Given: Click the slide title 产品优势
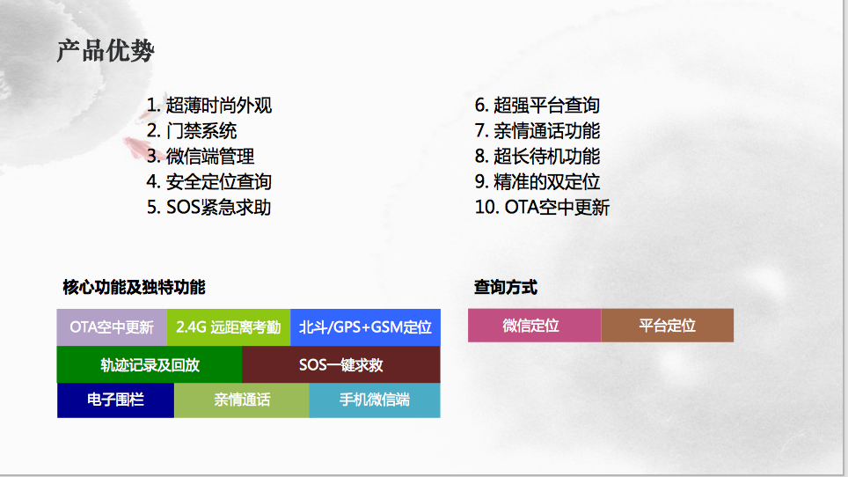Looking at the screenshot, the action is [x=106, y=51].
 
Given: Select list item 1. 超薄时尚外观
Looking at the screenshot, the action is [x=209, y=105].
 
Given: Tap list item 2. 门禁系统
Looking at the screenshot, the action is [x=192, y=130].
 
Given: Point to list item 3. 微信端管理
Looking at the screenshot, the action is [x=201, y=157].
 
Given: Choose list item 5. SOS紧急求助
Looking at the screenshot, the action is [x=209, y=207].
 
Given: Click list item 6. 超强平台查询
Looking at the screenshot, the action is [x=537, y=105].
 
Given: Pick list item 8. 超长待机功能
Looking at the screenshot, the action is [x=537, y=157].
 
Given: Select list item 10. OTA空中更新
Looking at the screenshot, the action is [x=543, y=207].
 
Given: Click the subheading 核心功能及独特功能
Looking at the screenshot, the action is [x=134, y=287].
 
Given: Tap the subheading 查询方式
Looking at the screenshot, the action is [x=506, y=287].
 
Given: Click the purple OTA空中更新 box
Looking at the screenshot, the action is [x=112, y=327].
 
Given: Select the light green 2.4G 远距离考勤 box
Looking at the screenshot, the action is [x=229, y=327].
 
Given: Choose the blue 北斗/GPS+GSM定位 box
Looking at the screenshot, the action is [x=366, y=327].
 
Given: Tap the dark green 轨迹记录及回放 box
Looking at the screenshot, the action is [x=150, y=364].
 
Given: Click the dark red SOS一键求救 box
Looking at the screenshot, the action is [x=341, y=364].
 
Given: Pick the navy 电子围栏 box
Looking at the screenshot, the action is [x=116, y=400].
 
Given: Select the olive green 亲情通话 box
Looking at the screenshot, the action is [x=242, y=400].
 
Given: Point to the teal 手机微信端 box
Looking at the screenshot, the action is [x=375, y=400].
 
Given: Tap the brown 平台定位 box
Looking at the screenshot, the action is [x=668, y=326].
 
